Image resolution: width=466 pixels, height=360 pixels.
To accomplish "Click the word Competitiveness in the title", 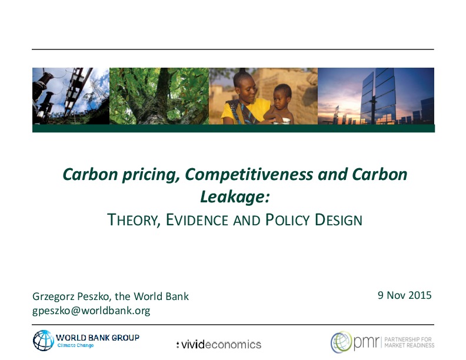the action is [x=249, y=174].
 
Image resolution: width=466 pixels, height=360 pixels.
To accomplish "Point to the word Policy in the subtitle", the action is [x=283, y=220].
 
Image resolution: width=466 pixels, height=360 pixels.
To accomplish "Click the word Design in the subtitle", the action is [x=338, y=220].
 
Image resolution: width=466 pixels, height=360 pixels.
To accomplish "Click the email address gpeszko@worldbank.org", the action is [x=91, y=311].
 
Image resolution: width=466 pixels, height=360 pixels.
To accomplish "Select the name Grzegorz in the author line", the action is [x=53, y=296].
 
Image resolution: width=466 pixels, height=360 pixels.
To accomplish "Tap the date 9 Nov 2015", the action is [x=404, y=295].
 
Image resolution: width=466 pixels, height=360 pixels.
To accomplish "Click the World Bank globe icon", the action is [x=44, y=341].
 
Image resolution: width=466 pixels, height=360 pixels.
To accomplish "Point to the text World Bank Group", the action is [x=98, y=338].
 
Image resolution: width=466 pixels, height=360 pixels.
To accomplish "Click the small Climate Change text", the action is [x=75, y=345].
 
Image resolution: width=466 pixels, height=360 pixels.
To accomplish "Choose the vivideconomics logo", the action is [x=219, y=345].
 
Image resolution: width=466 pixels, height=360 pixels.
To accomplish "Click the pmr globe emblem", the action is [x=341, y=342].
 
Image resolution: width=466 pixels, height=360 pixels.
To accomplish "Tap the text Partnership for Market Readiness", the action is [x=410, y=342].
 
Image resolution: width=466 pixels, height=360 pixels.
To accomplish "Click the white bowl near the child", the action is [x=282, y=121].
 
